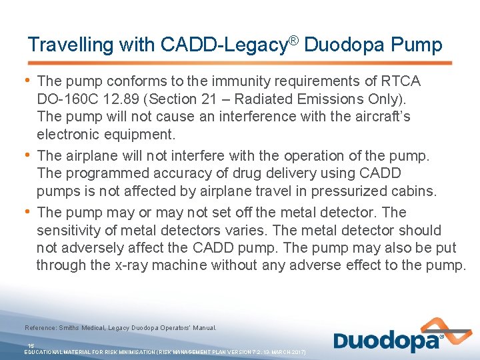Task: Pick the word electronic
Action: [x=69, y=134]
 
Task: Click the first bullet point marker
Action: [x=27, y=80]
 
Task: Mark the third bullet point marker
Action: [x=27, y=211]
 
